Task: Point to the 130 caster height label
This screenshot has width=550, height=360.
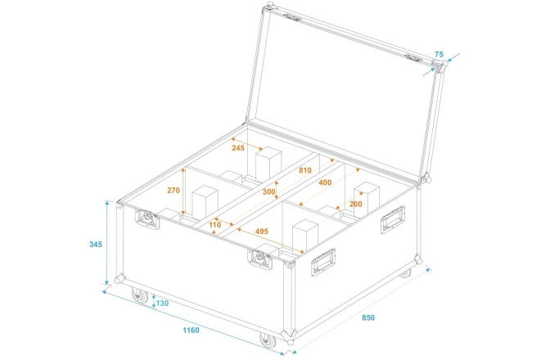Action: (x=161, y=304)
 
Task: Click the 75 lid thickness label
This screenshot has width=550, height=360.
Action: (x=439, y=54)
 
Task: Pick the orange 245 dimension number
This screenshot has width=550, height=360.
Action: (x=238, y=148)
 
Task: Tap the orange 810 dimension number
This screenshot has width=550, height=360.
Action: (x=304, y=171)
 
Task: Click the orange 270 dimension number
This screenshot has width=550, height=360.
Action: (x=173, y=189)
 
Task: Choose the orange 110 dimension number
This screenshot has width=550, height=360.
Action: (x=215, y=224)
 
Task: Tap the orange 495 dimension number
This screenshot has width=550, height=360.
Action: (x=262, y=232)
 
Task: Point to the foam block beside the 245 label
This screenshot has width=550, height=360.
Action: (x=267, y=164)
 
